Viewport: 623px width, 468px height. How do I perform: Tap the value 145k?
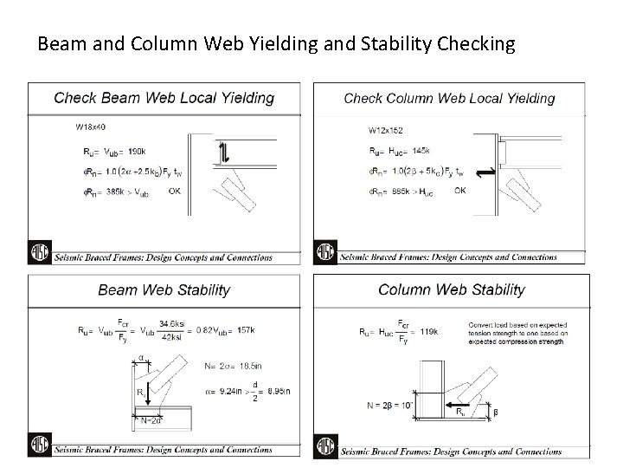(427, 151)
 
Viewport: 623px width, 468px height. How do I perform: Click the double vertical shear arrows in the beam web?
(222, 153)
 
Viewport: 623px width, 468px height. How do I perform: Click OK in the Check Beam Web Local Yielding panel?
(175, 190)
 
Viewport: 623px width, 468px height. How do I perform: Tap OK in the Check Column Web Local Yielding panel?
(459, 190)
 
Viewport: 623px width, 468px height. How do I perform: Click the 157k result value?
(245, 329)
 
